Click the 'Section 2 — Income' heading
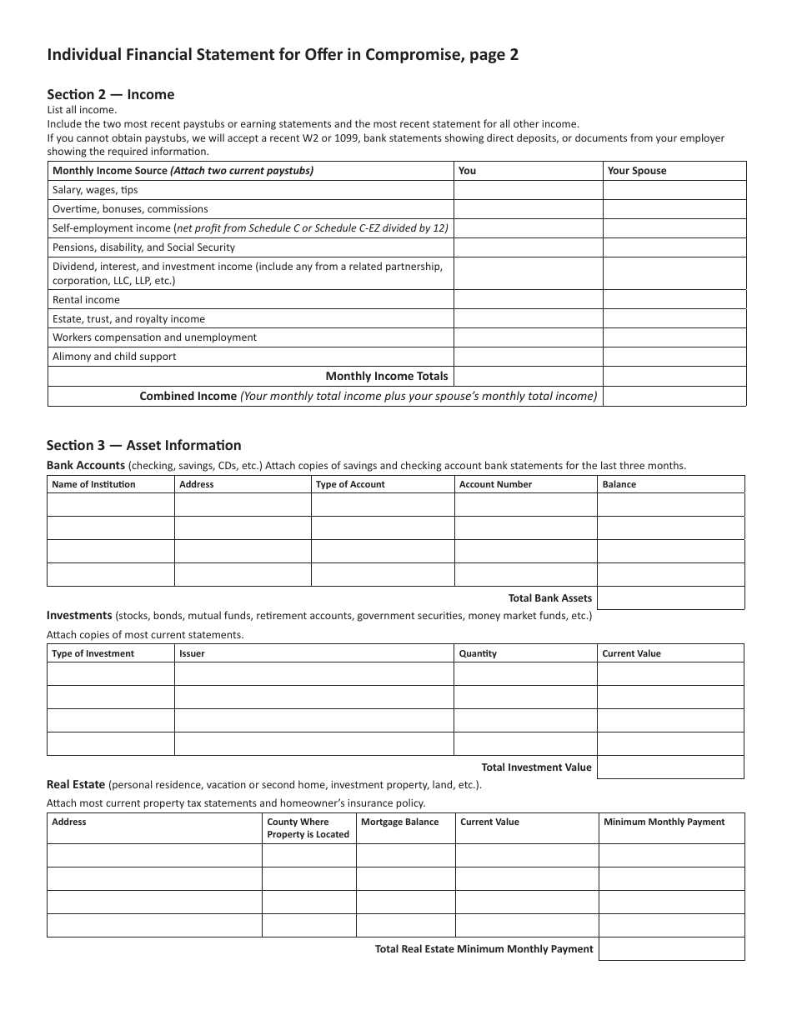pyautogui.click(x=110, y=95)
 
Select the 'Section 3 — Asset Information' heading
pyautogui.click(x=143, y=445)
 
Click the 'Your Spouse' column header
pyautogui.click(x=637, y=171)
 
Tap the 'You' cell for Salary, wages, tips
pyautogui.click(x=528, y=190)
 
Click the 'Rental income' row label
pyautogui.click(x=86, y=300)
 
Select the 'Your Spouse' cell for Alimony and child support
pyautogui.click(x=674, y=357)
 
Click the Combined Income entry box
pyautogui.click(x=674, y=397)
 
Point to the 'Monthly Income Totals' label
pyautogui.click(x=386, y=377)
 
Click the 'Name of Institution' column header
pyautogui.click(x=93, y=484)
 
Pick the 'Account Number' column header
pyautogui.click(x=495, y=484)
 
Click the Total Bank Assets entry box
pyautogui.click(x=670, y=598)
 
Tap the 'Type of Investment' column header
pyautogui.click(x=93, y=653)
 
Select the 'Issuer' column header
pyautogui.click(x=192, y=653)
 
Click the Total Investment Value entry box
pyautogui.click(x=670, y=767)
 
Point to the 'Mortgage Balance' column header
pyautogui.click(x=399, y=822)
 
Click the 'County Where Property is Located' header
pyautogui.click(x=308, y=828)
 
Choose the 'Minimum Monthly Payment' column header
pyautogui.click(x=664, y=822)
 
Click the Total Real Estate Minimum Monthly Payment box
pyautogui.click(x=671, y=949)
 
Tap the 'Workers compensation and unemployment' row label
pyautogui.click(x=154, y=337)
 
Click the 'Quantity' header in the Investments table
pyautogui.click(x=478, y=653)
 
